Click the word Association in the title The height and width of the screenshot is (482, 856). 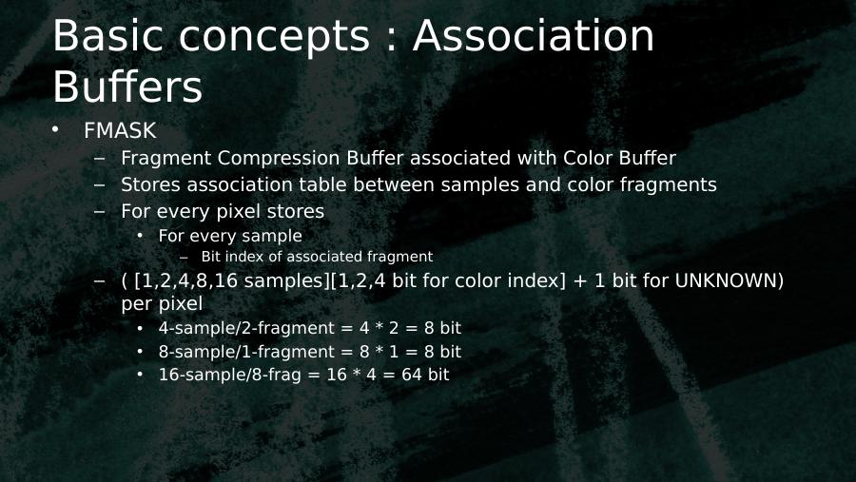(534, 35)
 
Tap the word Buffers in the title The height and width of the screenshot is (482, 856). (127, 87)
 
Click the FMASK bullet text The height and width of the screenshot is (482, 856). (120, 130)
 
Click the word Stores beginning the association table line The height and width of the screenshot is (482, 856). (150, 184)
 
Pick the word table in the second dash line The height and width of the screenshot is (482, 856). (323, 184)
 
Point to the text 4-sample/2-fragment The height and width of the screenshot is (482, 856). (246, 328)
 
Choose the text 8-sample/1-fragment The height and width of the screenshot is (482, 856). (246, 352)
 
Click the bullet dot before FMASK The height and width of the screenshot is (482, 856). (55, 130)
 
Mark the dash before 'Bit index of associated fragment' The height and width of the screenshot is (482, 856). (184, 258)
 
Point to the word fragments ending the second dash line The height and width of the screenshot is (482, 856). (669, 185)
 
